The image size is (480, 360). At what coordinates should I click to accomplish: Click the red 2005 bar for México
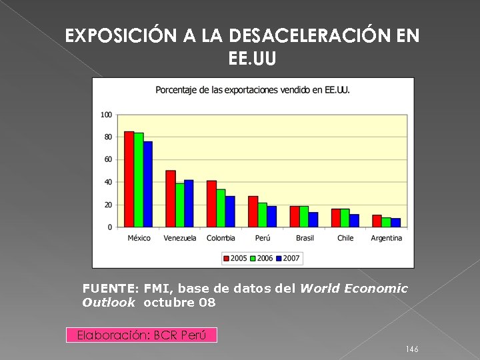pos(129,179)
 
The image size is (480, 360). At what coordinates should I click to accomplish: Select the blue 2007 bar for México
pos(148,184)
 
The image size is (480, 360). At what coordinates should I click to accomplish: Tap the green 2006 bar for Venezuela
pos(180,205)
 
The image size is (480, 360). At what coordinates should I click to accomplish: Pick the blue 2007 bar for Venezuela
pos(189,203)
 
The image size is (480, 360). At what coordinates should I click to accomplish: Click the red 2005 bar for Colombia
pos(211,203)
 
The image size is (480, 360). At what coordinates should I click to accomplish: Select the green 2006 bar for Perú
pos(263,215)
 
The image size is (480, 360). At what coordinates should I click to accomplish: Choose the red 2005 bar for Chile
pos(336,218)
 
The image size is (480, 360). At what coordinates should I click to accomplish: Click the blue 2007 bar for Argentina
pos(396,223)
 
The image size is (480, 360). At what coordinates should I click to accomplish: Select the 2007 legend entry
pos(288,258)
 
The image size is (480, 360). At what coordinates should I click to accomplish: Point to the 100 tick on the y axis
pos(107,115)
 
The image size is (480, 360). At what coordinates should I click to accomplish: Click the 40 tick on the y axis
pos(108,182)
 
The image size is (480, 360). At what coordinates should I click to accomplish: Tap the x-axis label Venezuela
pos(180,238)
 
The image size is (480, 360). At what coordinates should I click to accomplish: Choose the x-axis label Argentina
pos(387,238)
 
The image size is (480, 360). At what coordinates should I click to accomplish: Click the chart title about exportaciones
pos(253,90)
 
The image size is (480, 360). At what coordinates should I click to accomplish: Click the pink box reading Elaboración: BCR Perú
pos(141,335)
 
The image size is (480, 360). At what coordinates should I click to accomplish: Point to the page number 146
pos(412,349)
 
